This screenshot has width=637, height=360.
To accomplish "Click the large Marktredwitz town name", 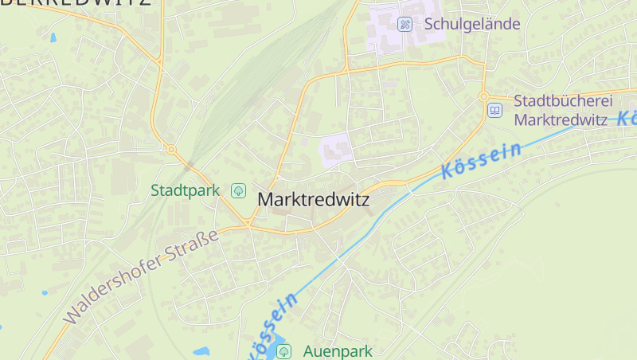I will tap(314, 200).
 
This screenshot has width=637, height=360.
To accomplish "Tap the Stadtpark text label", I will tap(185, 190).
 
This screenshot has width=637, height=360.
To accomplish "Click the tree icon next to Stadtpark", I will tap(237, 190).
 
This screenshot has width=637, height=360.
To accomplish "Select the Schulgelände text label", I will tap(472, 23).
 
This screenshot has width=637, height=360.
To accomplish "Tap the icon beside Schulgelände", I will tap(404, 24).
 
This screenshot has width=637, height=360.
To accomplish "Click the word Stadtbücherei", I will tap(563, 100).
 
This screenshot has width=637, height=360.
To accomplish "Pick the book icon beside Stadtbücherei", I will tap(495, 110).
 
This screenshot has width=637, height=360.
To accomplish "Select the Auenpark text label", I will tap(338, 350).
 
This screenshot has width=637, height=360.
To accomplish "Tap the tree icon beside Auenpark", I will tap(285, 350).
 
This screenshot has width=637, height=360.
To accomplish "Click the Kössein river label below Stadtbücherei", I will tap(481, 160).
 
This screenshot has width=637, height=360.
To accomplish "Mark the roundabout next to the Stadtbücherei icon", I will tap(483, 96).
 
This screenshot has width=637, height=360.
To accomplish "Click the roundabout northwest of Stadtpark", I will tap(170, 149).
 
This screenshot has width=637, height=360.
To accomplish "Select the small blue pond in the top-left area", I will tap(53, 37).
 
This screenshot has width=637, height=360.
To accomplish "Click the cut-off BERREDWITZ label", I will tap(76, 2).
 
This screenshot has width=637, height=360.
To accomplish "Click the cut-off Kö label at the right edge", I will tap(627, 118).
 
